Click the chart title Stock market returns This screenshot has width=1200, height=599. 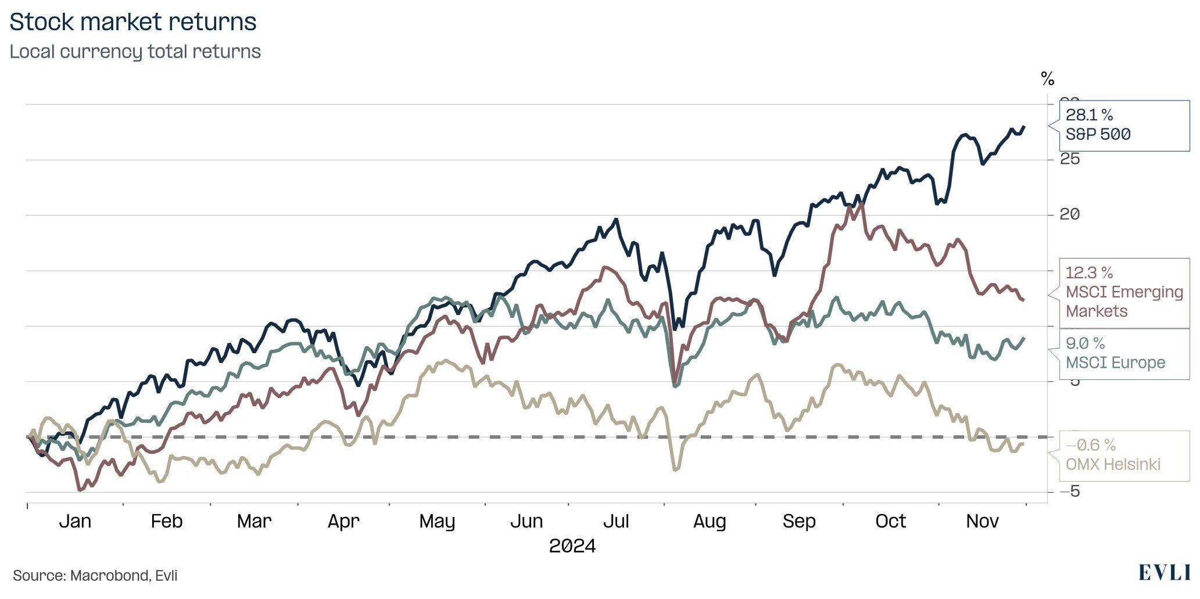coord(133,22)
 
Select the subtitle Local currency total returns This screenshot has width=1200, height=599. coord(135,52)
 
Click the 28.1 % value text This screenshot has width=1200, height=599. coord(1089,115)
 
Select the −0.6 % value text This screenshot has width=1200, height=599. coord(1091,446)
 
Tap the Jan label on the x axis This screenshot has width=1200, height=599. coord(75,521)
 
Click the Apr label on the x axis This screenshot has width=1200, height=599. coord(343,521)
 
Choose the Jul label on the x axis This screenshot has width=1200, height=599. coord(616,521)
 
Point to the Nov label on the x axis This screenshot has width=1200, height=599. coord(982,521)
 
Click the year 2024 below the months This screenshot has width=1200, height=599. coord(572,546)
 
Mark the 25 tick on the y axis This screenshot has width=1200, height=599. coord(1070,159)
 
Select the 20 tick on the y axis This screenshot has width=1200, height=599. coord(1070,214)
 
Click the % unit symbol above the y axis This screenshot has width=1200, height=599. coord(1047,78)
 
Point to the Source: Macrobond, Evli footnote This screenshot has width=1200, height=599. coord(95,576)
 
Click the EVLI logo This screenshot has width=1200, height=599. coord(1164,573)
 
